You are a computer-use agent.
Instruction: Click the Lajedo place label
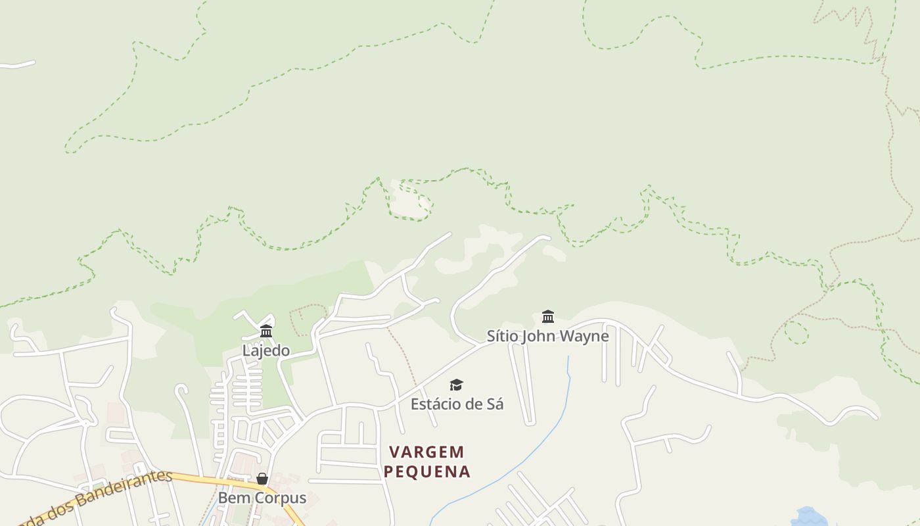click(265, 350)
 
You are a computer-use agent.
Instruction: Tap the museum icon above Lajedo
click(266, 331)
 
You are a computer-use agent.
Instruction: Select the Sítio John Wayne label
click(547, 336)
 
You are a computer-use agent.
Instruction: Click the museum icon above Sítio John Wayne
click(548, 316)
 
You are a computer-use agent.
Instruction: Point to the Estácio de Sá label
click(457, 404)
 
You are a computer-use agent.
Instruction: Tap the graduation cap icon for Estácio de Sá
click(456, 385)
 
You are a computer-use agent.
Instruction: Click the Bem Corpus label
click(262, 498)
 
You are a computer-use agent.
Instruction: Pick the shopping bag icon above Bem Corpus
click(262, 479)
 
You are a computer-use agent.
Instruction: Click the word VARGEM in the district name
click(426, 452)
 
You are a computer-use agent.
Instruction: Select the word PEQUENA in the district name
click(427, 471)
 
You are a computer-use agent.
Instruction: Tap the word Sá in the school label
click(495, 404)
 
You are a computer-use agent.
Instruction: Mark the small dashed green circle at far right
click(796, 332)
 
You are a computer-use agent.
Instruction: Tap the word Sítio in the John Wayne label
click(503, 336)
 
